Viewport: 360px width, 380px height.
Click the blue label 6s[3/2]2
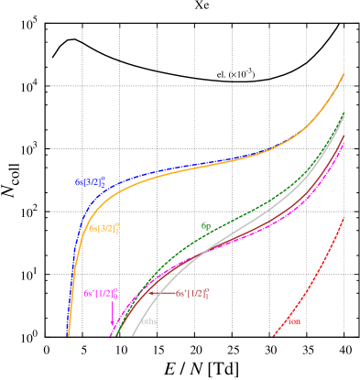click(90, 182)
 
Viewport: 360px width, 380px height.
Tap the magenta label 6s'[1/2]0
click(100, 294)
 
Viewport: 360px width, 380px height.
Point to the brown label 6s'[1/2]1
click(192, 294)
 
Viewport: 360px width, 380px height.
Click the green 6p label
click(206, 224)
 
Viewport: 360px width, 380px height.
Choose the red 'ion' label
click(294, 321)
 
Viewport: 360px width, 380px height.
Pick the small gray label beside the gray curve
click(149, 321)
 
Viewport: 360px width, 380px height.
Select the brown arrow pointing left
click(160, 294)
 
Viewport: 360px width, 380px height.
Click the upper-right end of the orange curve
click(344, 72)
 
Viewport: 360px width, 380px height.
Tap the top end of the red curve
click(344, 218)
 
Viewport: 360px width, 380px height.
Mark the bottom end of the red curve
click(273, 335)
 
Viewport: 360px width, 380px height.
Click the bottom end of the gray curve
click(133, 335)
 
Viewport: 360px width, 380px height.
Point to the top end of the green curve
click(344, 114)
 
